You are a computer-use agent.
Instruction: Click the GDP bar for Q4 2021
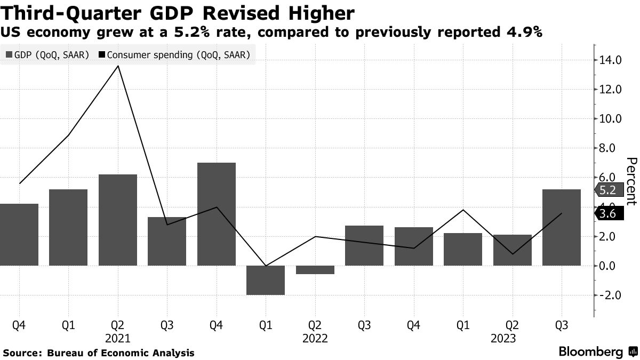pyautogui.click(x=217, y=213)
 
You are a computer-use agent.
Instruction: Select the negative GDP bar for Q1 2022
pyautogui.click(x=266, y=280)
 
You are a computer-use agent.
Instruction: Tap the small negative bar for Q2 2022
pyautogui.click(x=315, y=270)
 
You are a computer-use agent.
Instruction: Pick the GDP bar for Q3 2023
pyautogui.click(x=562, y=227)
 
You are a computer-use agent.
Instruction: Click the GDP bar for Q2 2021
pyautogui.click(x=118, y=220)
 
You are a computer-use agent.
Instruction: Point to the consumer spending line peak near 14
pyautogui.click(x=118, y=66)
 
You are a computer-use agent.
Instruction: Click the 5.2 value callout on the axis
pyautogui.click(x=608, y=189)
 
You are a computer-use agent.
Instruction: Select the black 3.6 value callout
pyautogui.click(x=608, y=214)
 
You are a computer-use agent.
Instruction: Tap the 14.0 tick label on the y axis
pyautogui.click(x=610, y=60)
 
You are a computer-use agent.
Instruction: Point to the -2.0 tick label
pyautogui.click(x=610, y=295)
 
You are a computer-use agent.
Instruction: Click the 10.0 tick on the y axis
pyautogui.click(x=610, y=119)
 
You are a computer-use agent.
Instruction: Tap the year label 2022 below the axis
pyautogui.click(x=315, y=338)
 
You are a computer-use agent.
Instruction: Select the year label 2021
pyautogui.click(x=118, y=338)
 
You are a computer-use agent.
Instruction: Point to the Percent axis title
pyautogui.click(x=631, y=181)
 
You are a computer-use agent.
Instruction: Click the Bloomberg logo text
pyautogui.click(x=590, y=352)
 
